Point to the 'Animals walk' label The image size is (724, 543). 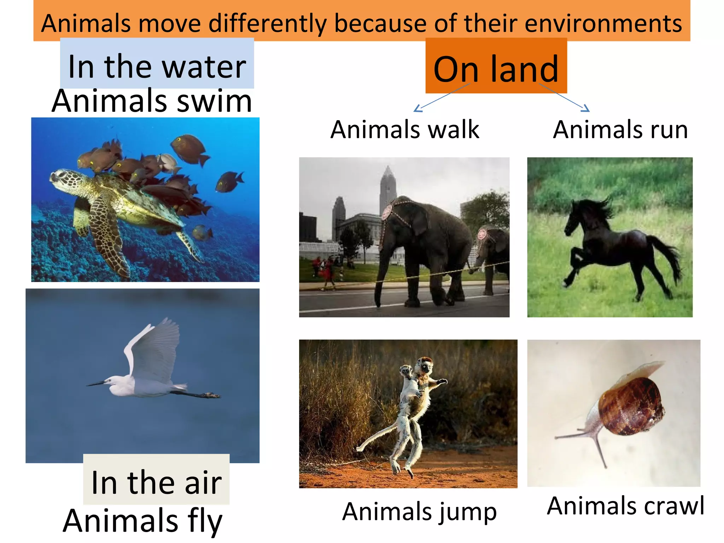click(x=405, y=129)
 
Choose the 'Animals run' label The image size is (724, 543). click(x=620, y=129)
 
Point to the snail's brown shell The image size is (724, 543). click(x=633, y=407)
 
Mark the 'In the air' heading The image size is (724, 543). click(x=156, y=482)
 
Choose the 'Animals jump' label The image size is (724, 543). click(x=420, y=512)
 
